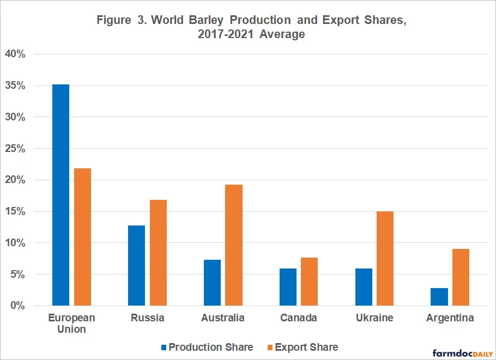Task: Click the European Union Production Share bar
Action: coord(61,195)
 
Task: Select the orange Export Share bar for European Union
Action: coord(82,237)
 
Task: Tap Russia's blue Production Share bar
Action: coord(137,265)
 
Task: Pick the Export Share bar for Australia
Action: coord(234,245)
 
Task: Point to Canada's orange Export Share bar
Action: coord(310,282)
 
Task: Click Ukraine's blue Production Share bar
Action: coord(364,287)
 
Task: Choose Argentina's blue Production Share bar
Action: coord(439,297)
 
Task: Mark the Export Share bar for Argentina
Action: coord(461,277)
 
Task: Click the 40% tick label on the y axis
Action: coord(15,54)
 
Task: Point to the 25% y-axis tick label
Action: coord(15,148)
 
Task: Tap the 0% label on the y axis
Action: coord(17,306)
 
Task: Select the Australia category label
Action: coord(223,318)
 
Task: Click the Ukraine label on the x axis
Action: coord(374,318)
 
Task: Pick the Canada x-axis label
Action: coord(299,318)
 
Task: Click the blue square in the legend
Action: coord(164,347)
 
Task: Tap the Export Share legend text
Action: coord(306,347)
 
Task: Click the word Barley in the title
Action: coord(206,20)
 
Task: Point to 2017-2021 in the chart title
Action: coord(226,34)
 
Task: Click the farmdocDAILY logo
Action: coord(463,353)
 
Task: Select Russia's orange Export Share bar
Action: coord(158,253)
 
